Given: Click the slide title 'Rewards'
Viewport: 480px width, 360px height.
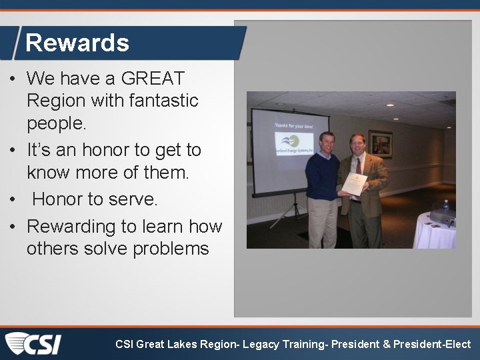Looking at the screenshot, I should tap(77, 43).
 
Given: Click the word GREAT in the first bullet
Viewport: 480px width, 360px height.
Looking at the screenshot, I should tap(153, 79).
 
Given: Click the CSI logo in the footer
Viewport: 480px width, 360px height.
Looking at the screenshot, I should tap(33, 344).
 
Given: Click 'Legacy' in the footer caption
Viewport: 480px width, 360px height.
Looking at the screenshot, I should tap(261, 345).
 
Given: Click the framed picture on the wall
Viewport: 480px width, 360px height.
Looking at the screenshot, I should tap(380, 143).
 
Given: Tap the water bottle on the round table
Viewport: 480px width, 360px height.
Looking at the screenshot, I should tap(446, 209).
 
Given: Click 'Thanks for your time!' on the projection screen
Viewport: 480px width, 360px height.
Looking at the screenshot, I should tap(291, 125).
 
